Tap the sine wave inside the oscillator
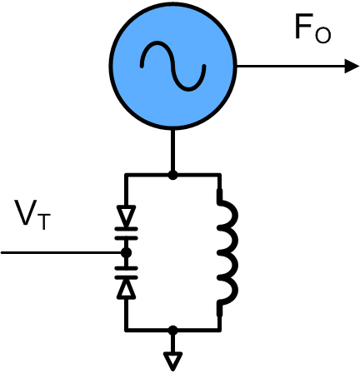click(x=173, y=67)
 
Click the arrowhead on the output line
click(x=352, y=67)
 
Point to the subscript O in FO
click(x=322, y=36)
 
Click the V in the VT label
click(x=27, y=212)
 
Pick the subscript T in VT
click(x=43, y=222)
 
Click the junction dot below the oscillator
click(x=172, y=175)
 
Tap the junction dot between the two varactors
click(x=127, y=253)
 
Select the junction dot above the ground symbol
click(x=172, y=330)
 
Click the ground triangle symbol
click(x=172, y=361)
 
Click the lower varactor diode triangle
click(x=127, y=289)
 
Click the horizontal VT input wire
click(x=62, y=253)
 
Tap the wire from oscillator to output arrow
click(x=291, y=67)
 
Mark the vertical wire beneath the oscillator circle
click(x=172, y=152)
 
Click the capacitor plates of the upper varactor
click(x=127, y=234)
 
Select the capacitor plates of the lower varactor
click(x=127, y=272)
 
